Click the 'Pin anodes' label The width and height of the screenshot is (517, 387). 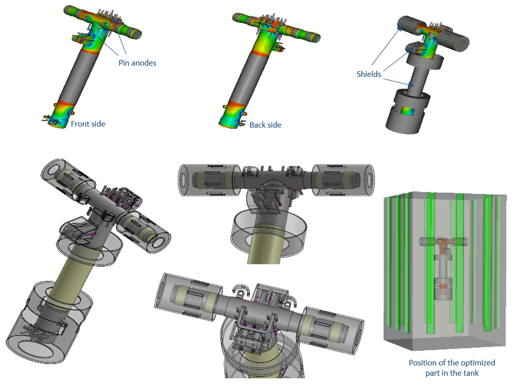coord(137,63)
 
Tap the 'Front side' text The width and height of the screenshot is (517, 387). coord(88,124)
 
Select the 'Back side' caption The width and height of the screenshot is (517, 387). coord(265,125)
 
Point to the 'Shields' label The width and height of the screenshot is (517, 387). coord(369,74)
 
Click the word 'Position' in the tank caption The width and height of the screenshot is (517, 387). coord(422,362)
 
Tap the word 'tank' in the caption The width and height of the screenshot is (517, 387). coord(471,373)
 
